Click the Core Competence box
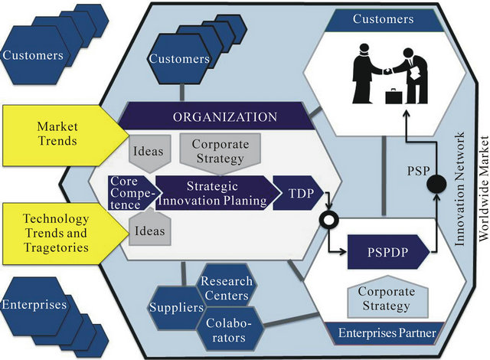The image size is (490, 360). tap(125, 192)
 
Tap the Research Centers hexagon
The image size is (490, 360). tap(224, 289)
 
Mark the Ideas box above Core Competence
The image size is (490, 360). tap(148, 151)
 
